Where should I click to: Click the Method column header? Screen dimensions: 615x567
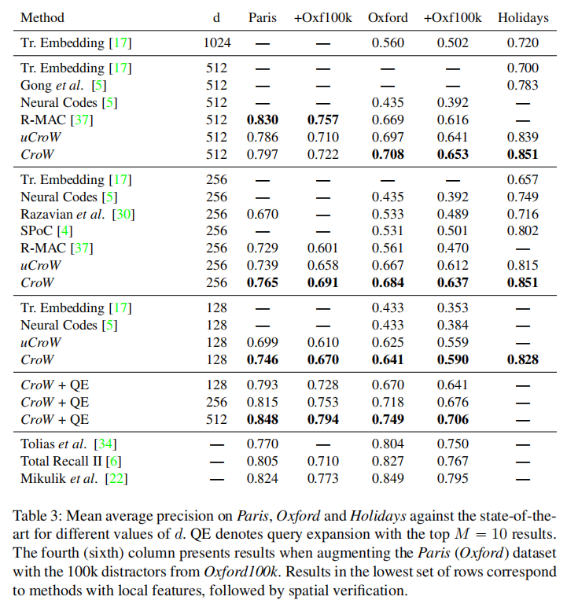(x=42, y=17)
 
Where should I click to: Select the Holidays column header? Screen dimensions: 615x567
(x=523, y=17)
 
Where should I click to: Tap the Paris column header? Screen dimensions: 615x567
(x=263, y=17)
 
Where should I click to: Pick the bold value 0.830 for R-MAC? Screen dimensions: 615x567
(x=263, y=120)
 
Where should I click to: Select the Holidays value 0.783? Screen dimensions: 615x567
(x=523, y=85)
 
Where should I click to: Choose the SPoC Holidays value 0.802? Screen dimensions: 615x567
(x=523, y=231)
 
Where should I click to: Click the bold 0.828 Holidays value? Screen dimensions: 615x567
(x=523, y=359)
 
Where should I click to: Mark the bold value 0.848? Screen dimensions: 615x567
(x=263, y=420)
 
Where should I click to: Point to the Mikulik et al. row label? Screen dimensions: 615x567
(x=68, y=477)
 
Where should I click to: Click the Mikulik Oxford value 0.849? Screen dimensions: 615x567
(x=388, y=477)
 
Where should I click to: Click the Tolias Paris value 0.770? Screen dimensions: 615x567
(x=263, y=444)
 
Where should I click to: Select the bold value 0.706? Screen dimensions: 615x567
(x=453, y=420)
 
